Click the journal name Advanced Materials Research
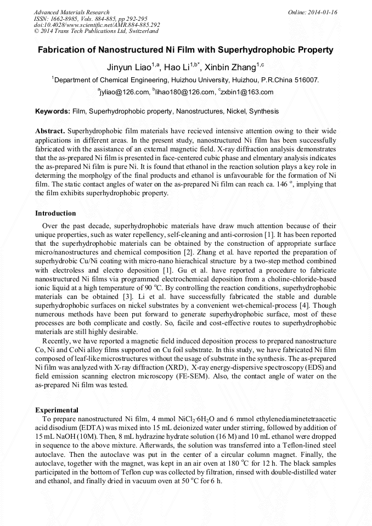(71, 12)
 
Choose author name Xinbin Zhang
(230, 67)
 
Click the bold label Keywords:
(53, 111)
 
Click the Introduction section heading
(55, 213)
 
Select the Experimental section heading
(57, 410)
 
